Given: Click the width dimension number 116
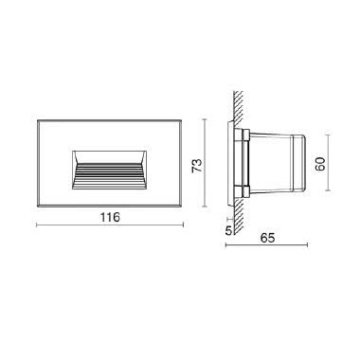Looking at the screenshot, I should coord(110,217).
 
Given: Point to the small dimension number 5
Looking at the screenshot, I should coord(229,228).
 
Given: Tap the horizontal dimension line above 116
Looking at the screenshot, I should coord(110,225).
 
